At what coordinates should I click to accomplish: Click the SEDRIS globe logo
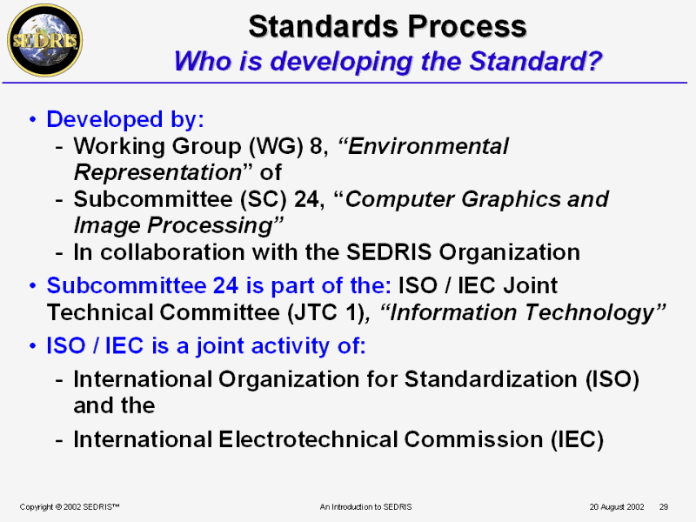point(45,41)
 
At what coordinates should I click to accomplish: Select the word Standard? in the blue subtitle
point(536,61)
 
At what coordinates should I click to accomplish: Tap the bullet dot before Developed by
point(32,119)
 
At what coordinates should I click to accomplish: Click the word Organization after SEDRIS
point(509,252)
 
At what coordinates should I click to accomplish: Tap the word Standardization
point(491,379)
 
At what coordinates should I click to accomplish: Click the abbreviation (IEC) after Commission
point(577,440)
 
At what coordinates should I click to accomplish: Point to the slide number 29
point(664,507)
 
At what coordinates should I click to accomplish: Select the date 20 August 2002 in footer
point(617,507)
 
